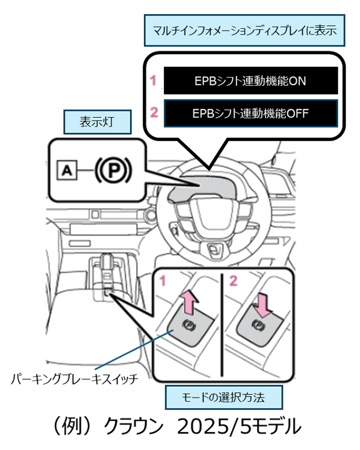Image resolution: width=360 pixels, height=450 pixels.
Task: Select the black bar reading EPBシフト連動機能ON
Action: click(250, 80)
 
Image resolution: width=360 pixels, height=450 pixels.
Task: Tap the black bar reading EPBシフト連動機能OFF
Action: click(250, 113)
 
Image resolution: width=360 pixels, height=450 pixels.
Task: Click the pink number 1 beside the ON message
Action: click(153, 80)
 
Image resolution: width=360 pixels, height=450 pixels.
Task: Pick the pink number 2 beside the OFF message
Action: click(153, 113)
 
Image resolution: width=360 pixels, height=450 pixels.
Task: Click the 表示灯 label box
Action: click(96, 122)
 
